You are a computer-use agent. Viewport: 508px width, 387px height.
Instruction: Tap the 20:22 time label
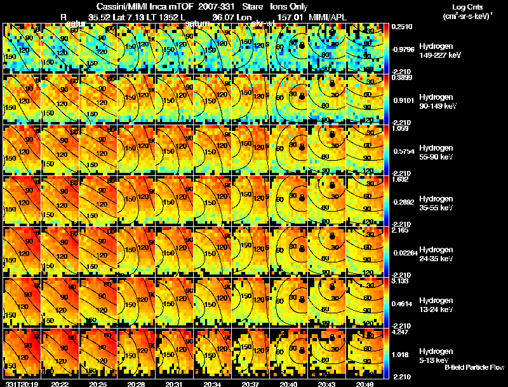tap(60, 384)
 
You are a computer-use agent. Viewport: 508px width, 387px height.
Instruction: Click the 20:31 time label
tap(175, 384)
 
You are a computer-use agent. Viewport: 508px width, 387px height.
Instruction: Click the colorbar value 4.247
tap(401, 331)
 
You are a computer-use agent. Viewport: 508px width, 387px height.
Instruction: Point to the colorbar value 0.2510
tap(401, 26)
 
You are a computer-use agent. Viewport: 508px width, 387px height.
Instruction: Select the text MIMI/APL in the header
tap(328, 16)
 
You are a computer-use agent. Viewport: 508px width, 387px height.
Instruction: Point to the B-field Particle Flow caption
tap(474, 367)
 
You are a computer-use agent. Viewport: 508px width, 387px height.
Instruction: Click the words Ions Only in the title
tap(289, 6)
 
